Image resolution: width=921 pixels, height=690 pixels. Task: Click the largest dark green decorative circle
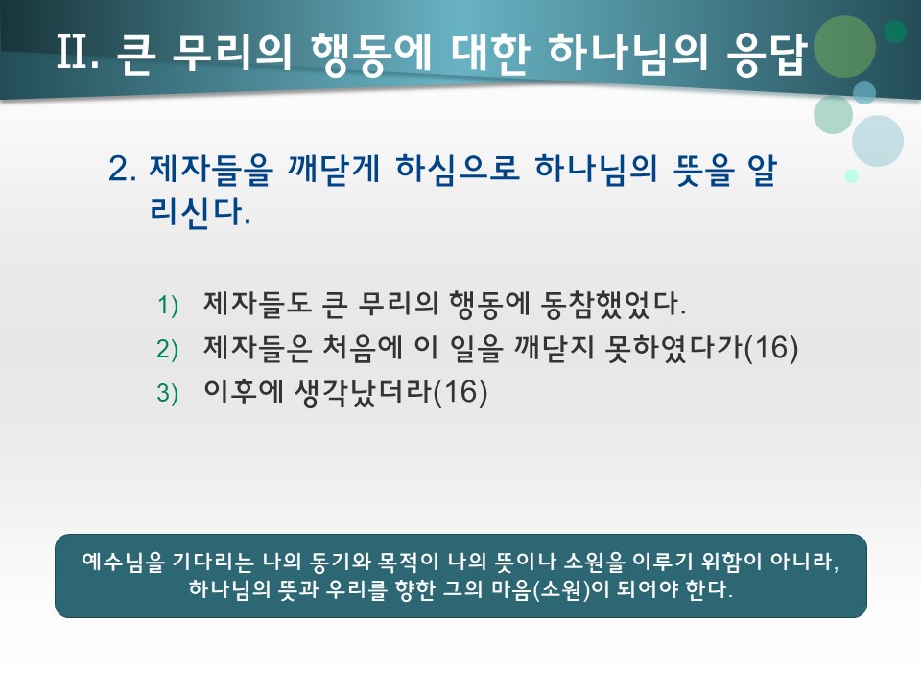[x=844, y=47]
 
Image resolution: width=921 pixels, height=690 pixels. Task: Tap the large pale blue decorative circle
[x=877, y=141]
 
